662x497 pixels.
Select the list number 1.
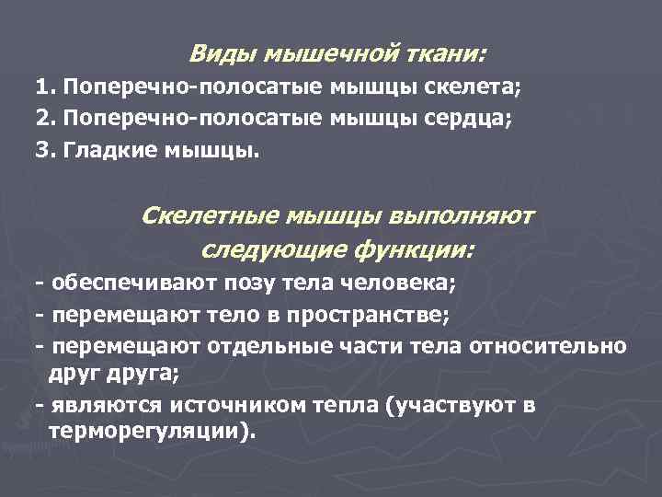click(43, 90)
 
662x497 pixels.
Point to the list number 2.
click(43, 120)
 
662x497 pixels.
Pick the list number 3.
click(43, 149)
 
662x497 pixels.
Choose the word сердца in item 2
click(467, 120)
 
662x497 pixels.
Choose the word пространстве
click(369, 317)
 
